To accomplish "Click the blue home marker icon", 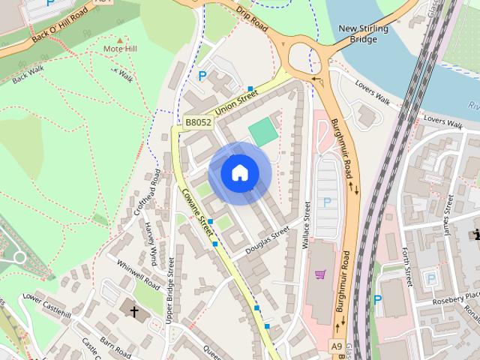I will click(x=240, y=173).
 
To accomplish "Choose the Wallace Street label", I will click(x=306, y=225).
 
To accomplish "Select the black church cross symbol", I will click(x=135, y=310).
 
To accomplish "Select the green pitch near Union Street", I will click(x=262, y=132).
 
